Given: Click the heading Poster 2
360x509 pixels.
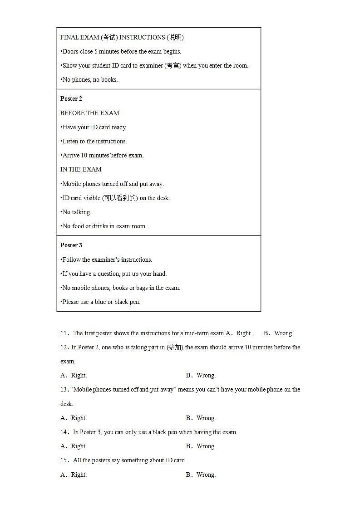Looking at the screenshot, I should [x=71, y=99].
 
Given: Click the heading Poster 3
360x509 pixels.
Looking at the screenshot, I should [x=71, y=245].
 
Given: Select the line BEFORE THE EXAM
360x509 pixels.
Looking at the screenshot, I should [x=90, y=113].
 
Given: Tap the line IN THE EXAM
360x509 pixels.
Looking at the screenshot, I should [x=81, y=169].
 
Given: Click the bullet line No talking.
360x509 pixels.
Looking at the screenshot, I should [x=76, y=212].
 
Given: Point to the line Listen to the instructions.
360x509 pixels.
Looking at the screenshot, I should [x=94, y=141].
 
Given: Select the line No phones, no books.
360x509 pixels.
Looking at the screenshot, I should [x=89, y=79].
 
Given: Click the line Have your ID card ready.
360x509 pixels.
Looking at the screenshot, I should [x=94, y=127].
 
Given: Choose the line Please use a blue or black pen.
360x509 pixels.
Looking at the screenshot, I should [x=101, y=302].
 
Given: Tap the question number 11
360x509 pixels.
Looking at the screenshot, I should [x=64, y=333].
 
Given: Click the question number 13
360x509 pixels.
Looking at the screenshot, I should [x=64, y=390].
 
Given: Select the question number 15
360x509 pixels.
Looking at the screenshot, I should [x=64, y=460].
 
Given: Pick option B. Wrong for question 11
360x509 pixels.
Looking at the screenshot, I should [x=278, y=333].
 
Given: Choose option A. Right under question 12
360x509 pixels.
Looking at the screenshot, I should [x=74, y=376].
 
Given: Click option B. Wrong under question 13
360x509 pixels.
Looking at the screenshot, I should [x=201, y=418].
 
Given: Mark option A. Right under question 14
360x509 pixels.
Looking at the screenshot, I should [x=74, y=446].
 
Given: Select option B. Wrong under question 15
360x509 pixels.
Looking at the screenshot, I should [x=201, y=475].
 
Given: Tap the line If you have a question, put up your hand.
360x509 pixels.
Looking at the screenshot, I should [x=114, y=274].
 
